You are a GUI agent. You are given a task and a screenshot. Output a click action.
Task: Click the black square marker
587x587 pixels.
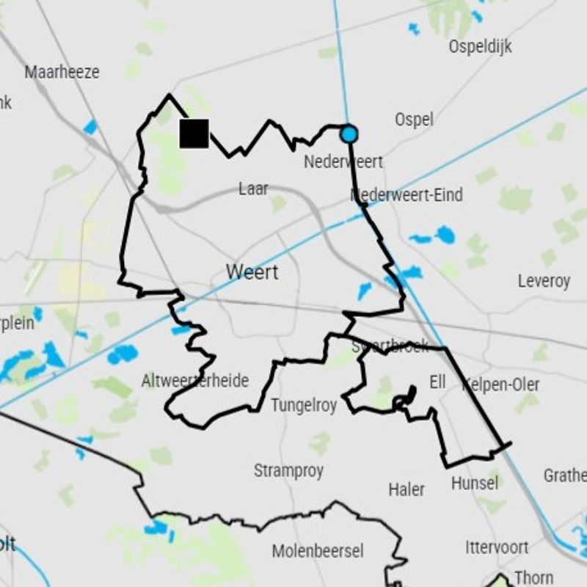coord(194,134)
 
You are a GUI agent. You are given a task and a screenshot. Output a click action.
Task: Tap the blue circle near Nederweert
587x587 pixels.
coord(349,134)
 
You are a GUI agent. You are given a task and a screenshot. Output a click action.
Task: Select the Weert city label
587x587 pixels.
coord(252,271)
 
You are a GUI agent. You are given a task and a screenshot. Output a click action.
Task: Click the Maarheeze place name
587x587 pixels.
coord(62,73)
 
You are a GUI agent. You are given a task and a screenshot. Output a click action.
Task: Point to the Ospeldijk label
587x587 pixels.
coord(480,47)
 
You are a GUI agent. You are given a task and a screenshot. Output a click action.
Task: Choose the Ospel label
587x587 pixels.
coord(414,119)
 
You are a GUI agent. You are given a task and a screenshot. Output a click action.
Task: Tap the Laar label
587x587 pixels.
coord(253,189)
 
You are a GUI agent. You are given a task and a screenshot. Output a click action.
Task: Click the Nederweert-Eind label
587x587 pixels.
coord(407,195)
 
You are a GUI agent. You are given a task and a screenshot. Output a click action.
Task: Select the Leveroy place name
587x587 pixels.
coord(544,281)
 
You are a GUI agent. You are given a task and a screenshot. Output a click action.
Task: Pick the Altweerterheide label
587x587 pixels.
coord(195,381)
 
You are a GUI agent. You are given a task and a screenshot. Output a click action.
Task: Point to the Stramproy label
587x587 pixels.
coord(288,470)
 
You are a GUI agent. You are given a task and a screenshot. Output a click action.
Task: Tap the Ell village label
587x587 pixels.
coord(437,382)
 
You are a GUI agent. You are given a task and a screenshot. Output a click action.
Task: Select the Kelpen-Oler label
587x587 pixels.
coord(502,384)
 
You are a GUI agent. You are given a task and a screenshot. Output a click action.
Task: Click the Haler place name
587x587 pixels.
coord(406,489)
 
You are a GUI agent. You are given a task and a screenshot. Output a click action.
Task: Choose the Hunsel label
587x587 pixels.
coord(475,483)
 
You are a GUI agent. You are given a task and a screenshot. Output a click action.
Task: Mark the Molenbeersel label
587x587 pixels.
coord(318,550)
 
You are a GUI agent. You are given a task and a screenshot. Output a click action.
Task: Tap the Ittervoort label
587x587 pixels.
coord(497,547)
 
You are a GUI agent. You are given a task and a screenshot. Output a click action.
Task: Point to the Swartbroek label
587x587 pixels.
coord(390,346)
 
